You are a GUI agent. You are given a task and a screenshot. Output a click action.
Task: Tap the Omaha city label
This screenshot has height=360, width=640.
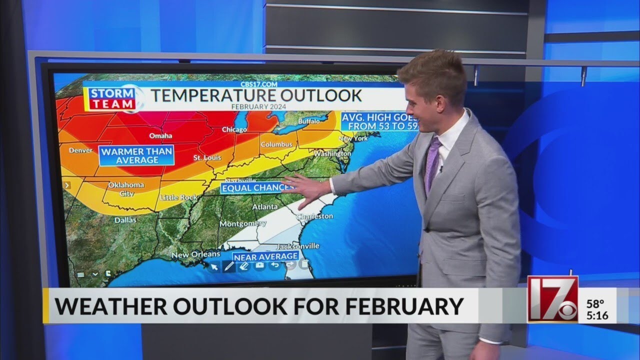coord(160,135)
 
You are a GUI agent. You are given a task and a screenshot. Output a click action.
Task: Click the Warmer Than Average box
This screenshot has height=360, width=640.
coord(136,155)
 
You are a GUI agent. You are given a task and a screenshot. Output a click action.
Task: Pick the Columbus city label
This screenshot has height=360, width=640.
coord(276,144)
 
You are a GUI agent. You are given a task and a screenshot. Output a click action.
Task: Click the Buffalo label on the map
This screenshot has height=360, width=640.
coord(308,121)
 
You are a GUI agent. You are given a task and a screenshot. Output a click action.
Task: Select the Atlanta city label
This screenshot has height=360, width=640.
coord(265,206)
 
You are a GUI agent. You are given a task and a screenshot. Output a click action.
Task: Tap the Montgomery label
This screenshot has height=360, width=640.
coord(243,223)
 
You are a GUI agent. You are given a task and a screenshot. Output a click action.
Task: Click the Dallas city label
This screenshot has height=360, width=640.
coord(125,219)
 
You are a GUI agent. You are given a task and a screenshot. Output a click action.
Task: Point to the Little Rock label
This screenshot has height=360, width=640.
coord(179,197)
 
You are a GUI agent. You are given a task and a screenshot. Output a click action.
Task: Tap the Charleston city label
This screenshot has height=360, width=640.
coord(314,216)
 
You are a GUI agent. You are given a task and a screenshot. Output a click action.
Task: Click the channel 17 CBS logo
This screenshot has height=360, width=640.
coord(552,299)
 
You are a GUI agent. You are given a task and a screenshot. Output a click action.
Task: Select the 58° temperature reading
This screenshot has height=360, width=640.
coord(595,303)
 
